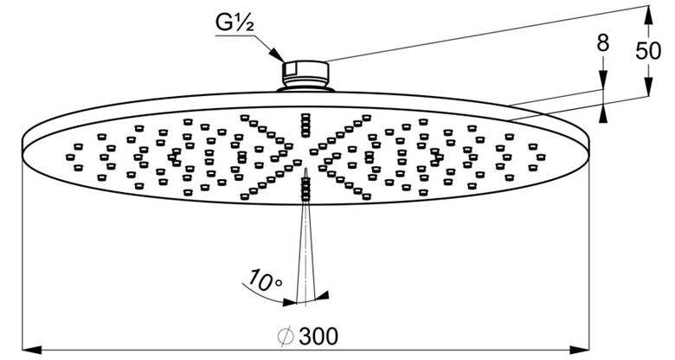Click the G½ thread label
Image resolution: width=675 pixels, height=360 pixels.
(235, 22)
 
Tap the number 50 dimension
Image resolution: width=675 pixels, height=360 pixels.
(648, 51)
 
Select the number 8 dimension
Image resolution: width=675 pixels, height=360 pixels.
(603, 43)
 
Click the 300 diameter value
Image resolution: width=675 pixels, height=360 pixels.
(318, 337)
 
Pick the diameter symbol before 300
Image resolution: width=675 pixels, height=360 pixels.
(286, 337)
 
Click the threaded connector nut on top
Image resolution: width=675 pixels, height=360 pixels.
(305, 73)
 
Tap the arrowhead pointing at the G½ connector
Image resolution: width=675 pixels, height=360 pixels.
(277, 55)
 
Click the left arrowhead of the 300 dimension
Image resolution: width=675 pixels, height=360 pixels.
(32, 350)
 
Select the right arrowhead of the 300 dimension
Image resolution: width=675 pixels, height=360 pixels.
(579, 350)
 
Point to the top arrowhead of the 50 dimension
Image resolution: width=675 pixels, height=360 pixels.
(648, 15)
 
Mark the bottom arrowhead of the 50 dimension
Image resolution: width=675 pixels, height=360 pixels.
(648, 87)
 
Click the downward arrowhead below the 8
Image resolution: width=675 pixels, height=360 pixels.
(603, 80)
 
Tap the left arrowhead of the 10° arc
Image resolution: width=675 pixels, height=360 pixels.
(290, 302)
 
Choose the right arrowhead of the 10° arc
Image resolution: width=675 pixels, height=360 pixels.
(322, 296)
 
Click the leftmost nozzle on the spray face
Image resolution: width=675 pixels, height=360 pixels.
(70, 157)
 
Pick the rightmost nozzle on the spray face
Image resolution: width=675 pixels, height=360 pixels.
(541, 157)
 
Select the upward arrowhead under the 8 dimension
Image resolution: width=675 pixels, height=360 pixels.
(603, 114)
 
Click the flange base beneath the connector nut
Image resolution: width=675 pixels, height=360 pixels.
(305, 89)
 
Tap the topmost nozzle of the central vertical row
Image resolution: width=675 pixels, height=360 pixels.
(305, 116)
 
